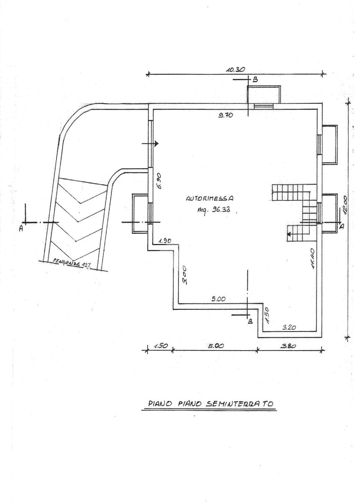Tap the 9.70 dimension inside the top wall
(x=226, y=115)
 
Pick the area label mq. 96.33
(x=214, y=210)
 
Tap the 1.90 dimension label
(x=165, y=241)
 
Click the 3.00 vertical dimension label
(x=185, y=275)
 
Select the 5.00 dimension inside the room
(x=219, y=299)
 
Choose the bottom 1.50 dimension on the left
(x=161, y=346)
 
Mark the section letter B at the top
(x=255, y=79)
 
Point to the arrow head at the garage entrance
(x=157, y=143)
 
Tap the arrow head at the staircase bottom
(x=289, y=234)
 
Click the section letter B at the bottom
(x=250, y=321)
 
